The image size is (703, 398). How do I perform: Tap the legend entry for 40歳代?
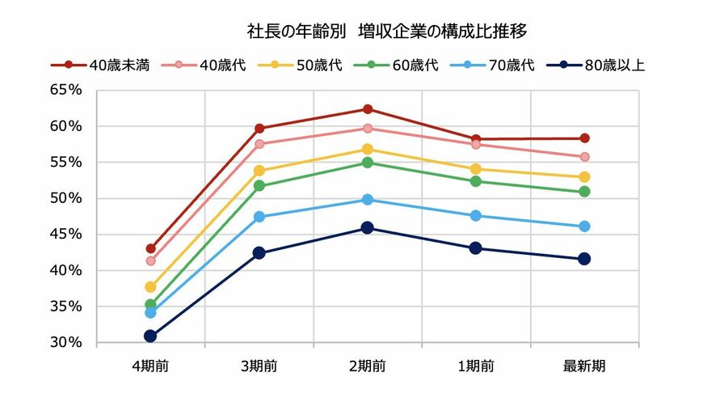pyautogui.click(x=210, y=66)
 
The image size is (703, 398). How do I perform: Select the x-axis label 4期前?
pyautogui.click(x=150, y=366)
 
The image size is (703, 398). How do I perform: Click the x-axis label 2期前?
pyautogui.click(x=368, y=366)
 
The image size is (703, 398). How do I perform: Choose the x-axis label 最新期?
pyautogui.click(x=584, y=366)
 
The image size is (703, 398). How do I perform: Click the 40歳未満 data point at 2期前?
pyautogui.click(x=368, y=109)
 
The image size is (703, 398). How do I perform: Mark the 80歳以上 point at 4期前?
pyautogui.click(x=150, y=336)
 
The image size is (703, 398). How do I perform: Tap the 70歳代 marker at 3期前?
pyautogui.click(x=259, y=217)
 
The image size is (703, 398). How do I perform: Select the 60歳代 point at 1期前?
pyautogui.click(x=476, y=181)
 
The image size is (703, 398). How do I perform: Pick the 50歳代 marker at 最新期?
pyautogui.click(x=584, y=177)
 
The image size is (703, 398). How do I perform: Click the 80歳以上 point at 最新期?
pyautogui.click(x=584, y=259)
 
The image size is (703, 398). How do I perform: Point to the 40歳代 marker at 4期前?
pyautogui.click(x=150, y=260)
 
